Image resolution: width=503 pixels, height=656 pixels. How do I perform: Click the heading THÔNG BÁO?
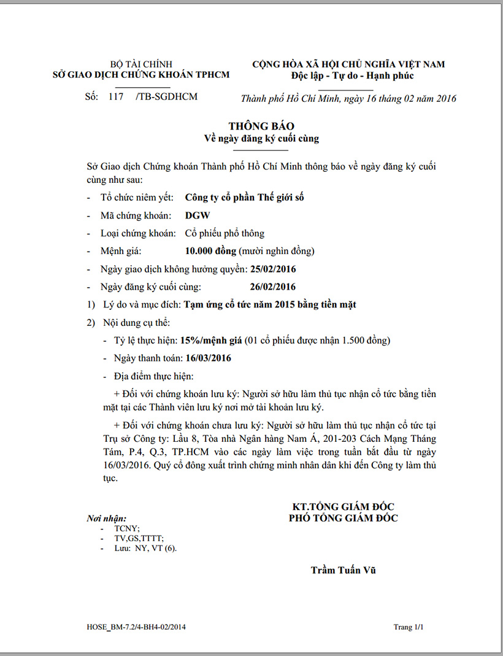coord(261,126)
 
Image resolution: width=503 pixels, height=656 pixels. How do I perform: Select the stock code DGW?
coord(196,215)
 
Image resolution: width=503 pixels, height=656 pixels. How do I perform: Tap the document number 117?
coord(115,96)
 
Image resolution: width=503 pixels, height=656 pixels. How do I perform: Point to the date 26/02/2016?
coord(273,287)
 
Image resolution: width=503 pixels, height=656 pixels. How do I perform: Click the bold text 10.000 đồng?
coord(210,251)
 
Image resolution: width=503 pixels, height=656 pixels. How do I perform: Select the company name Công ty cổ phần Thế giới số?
coord(244,198)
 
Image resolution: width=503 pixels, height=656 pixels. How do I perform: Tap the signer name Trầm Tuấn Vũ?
coord(343,570)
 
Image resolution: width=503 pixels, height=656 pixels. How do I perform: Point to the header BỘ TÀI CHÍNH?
coord(141,64)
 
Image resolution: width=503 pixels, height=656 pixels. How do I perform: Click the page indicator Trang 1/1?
coord(409,627)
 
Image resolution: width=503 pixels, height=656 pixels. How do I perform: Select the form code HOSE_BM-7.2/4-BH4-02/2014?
coord(136,627)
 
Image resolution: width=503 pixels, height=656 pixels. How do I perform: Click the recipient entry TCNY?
coord(127,528)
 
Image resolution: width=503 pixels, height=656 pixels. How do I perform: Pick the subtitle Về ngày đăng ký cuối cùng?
coord(261,139)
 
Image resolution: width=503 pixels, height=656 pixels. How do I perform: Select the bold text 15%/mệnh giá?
coord(210,340)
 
